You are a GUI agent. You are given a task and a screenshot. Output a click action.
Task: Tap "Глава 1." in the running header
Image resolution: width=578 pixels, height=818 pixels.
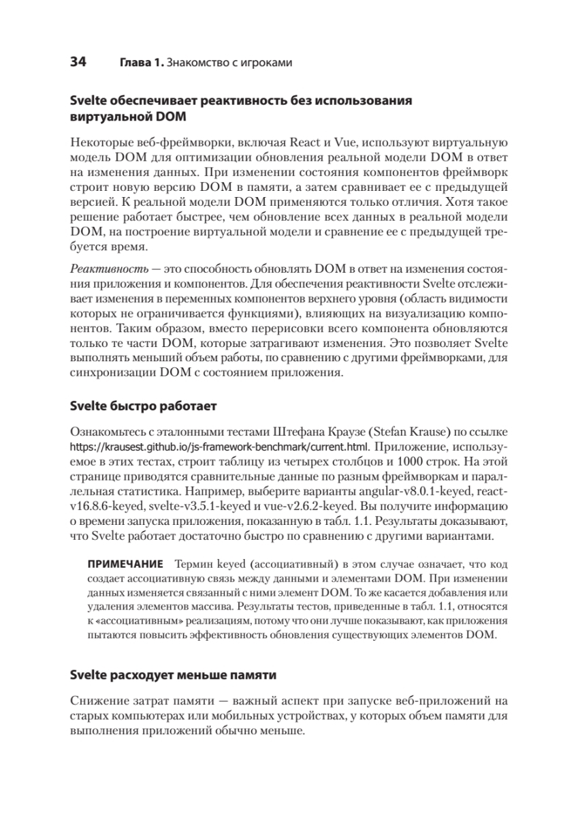point(142,63)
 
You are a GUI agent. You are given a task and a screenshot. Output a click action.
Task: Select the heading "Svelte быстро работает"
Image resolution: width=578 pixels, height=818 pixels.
point(143,407)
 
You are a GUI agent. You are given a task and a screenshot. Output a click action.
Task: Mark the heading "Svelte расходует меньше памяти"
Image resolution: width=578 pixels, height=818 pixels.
point(173,676)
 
